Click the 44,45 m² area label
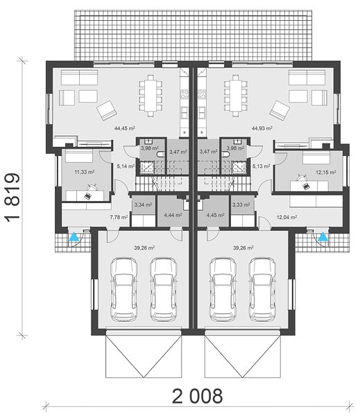coord(125,128)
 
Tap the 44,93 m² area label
coord(262,128)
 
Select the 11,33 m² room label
coord(85,172)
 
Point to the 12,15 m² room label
coord(326,173)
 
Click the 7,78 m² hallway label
coord(119,217)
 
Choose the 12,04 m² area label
coord(286,217)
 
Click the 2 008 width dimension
coord(198,397)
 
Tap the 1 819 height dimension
coord(12,198)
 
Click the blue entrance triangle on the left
coord(74,237)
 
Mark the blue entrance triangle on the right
coord(323,237)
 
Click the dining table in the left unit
coord(151,96)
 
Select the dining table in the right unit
coord(236,96)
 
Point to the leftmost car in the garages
coord(124,289)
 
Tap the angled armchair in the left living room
coord(107,111)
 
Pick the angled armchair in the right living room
coord(280,111)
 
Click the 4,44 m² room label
coord(173,215)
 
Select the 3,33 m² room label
coord(241,205)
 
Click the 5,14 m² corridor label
coord(126,166)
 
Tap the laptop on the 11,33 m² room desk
coord(87,196)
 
